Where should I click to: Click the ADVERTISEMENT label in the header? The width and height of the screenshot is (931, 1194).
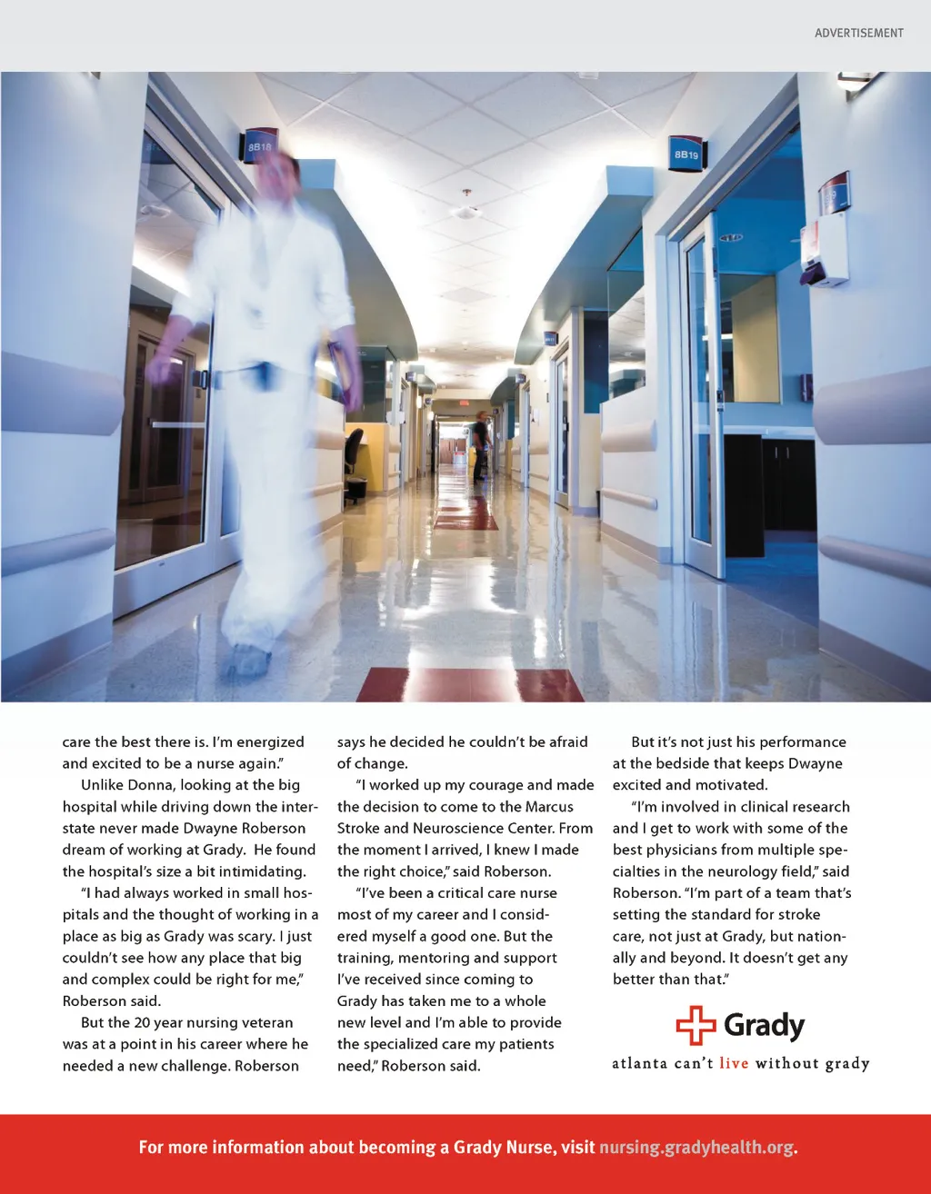[858, 33]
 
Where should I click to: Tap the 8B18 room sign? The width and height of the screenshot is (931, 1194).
[260, 145]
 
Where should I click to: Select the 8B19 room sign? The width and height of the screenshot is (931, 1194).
[686, 154]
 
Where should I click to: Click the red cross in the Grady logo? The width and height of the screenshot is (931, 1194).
[696, 1026]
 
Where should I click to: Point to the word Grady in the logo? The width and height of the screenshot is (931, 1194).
[764, 1026]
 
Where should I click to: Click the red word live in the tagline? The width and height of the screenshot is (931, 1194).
[734, 1063]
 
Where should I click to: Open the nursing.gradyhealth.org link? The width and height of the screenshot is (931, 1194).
[696, 1148]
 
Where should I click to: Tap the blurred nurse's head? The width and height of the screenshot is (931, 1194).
[278, 177]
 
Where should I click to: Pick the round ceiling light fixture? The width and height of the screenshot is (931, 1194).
[466, 211]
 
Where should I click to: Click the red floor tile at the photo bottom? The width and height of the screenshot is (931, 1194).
[470, 685]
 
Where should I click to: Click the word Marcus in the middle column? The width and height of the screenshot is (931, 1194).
[549, 807]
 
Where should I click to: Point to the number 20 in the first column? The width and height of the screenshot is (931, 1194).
[142, 1023]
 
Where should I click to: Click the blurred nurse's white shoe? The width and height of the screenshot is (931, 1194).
[246, 662]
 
